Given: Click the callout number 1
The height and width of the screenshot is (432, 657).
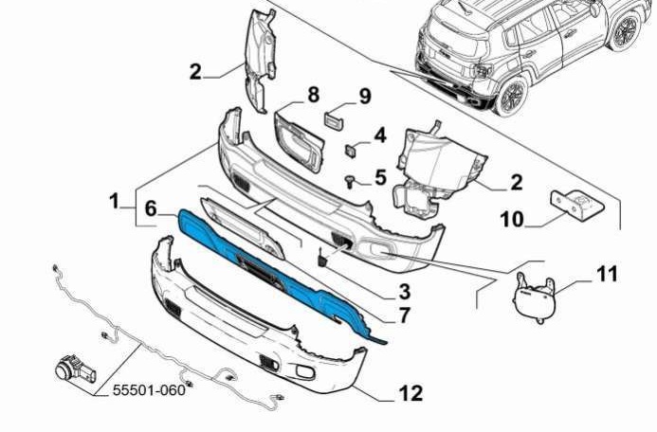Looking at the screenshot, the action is click(114, 202).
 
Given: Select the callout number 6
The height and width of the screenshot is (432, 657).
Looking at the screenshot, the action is click(151, 208).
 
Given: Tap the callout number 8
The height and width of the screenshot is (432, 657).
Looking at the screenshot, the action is click(314, 95).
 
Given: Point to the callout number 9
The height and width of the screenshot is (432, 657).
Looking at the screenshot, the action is click(365, 97).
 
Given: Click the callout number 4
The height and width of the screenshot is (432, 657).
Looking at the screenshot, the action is click(380, 135).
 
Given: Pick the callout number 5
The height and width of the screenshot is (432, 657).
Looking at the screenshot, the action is click(380, 177).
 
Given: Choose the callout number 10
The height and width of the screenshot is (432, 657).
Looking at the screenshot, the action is click(512, 219).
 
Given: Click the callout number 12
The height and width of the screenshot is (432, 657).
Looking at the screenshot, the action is click(411, 393).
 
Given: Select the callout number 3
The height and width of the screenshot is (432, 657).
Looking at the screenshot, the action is click(404, 292).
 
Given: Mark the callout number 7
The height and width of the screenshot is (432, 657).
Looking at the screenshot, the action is click(404, 315).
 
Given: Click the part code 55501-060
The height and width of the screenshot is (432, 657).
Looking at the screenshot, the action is click(149, 390).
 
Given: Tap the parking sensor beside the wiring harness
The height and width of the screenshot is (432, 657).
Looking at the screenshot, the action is click(76, 369).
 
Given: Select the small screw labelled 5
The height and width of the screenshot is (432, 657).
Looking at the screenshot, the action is click(350, 182).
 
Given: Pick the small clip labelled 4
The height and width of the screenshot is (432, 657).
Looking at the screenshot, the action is click(350, 151).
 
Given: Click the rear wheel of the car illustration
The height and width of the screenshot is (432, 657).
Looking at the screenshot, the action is click(511, 96).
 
